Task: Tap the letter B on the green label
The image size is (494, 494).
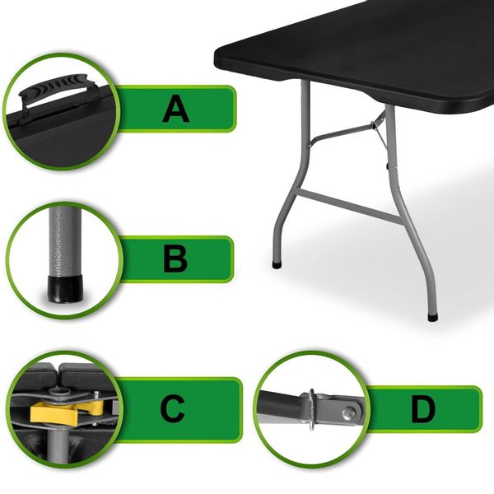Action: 175,259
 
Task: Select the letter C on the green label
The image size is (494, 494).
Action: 172,409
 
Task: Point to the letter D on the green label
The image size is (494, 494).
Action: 423,409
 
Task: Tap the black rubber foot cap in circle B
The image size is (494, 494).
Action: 65,289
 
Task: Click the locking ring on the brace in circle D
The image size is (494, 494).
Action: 311,409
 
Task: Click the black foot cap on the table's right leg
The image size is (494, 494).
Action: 433,317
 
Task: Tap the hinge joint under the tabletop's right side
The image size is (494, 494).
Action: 375,125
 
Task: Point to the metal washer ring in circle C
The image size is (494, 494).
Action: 60,393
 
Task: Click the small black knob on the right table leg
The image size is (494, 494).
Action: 387,164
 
